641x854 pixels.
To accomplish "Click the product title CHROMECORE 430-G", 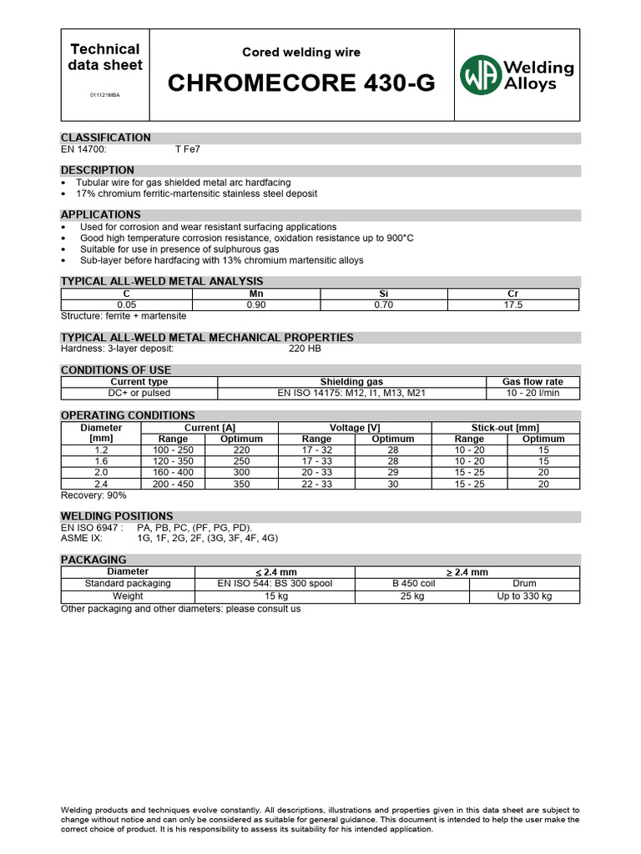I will point(301,83).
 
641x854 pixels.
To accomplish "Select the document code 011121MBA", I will point(104,95).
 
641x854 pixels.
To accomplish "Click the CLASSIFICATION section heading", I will point(106,138).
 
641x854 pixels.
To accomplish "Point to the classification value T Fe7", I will point(188,149).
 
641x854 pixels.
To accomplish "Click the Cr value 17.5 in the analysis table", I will point(513,305).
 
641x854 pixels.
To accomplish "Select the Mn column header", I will point(256,294).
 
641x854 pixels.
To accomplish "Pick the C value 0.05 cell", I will point(126,305).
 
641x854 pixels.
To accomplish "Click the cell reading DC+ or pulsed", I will point(139,393).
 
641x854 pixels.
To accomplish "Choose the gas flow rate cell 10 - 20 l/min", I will point(532,393).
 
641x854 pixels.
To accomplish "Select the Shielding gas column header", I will point(351,382).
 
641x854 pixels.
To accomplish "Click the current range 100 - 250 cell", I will point(173,450).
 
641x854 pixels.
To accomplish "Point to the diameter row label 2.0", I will point(101,472).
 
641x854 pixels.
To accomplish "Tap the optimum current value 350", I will point(241,483).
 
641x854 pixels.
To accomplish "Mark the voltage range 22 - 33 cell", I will point(316,483).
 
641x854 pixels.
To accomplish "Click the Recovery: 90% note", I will point(94,495).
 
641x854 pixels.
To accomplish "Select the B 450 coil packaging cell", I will point(412,584).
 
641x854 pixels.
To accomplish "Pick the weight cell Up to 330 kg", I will point(524,596).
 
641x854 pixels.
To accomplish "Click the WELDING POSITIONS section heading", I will point(117,516).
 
